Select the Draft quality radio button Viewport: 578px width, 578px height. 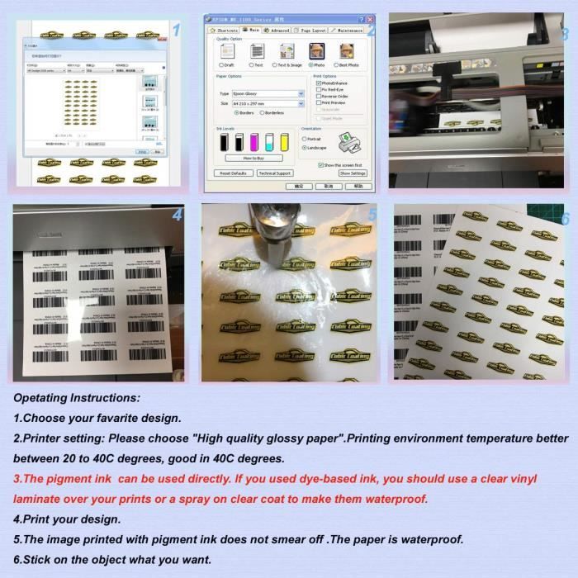point(220,64)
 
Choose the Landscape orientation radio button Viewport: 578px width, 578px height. point(304,147)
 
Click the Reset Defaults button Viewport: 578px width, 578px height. point(234,173)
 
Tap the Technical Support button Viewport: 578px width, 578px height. point(274,173)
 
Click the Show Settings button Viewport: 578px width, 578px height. point(352,173)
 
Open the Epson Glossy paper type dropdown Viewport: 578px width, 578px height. point(301,93)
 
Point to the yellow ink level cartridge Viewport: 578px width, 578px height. point(284,142)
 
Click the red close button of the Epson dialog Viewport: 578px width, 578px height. point(369,19)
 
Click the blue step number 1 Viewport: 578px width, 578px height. point(176,31)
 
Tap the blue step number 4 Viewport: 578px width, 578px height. point(177,216)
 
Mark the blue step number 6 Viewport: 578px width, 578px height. point(565,219)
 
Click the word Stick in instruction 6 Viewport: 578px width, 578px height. point(40,560)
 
